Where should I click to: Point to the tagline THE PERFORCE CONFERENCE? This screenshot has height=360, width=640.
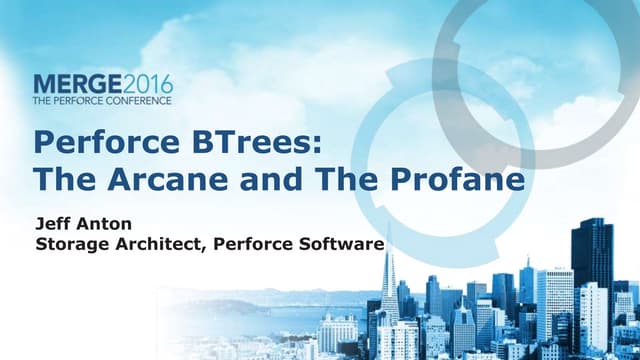[x=102, y=100]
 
